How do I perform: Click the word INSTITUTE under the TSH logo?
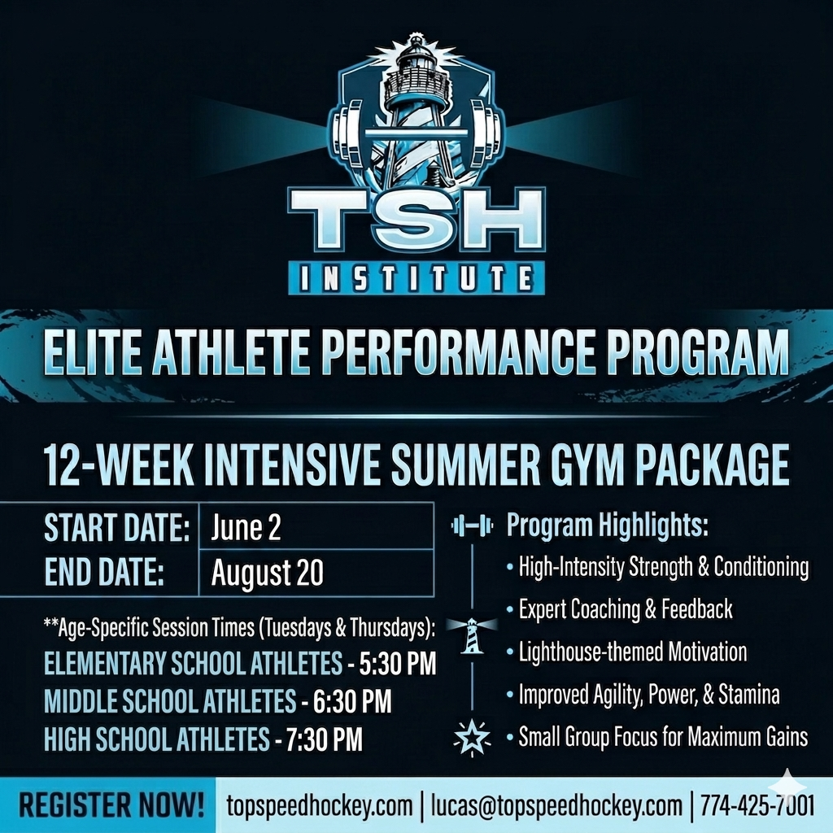point(416,278)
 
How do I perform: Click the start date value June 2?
point(246,527)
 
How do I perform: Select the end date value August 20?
point(267,573)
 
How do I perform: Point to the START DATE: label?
point(117,527)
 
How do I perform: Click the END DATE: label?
point(104,572)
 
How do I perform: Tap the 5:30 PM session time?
point(397,663)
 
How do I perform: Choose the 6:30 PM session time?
point(352,700)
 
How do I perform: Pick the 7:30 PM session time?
point(325,739)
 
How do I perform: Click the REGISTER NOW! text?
point(111,805)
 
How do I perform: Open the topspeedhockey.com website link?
point(320,805)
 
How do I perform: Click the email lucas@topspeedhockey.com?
point(556,805)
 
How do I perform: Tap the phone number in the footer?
point(757,805)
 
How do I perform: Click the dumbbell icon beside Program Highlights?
point(473,526)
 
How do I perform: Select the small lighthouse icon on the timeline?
point(473,635)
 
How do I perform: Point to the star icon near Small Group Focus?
point(473,737)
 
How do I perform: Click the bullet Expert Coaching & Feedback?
point(626,609)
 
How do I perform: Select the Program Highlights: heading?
point(607,526)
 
